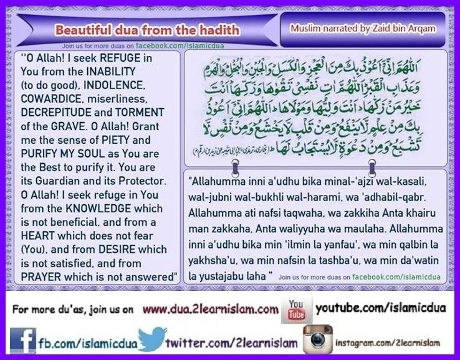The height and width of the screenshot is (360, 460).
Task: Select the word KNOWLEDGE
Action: point(127,204)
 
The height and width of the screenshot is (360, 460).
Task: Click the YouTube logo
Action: point(297,309)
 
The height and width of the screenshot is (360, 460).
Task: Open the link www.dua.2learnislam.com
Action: point(210,309)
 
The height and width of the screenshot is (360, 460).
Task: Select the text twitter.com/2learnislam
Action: point(231,343)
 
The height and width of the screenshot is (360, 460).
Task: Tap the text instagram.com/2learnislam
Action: point(387,343)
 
